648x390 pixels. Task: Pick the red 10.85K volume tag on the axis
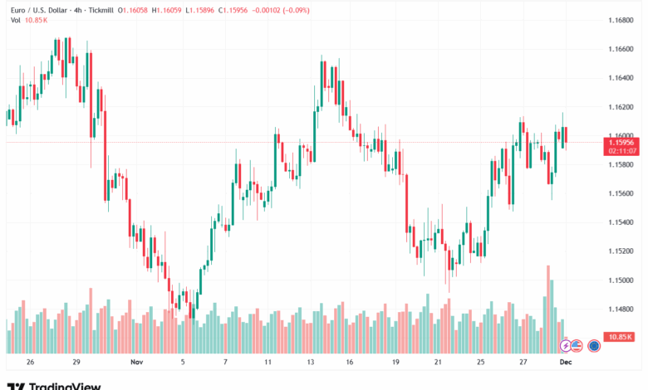click(x=619, y=337)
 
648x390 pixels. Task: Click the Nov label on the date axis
click(x=136, y=363)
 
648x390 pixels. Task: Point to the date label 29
click(x=76, y=363)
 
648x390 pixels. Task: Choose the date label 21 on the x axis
click(x=438, y=363)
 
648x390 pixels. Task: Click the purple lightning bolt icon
click(x=565, y=344)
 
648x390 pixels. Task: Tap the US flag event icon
click(x=576, y=344)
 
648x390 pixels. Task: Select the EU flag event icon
click(x=594, y=345)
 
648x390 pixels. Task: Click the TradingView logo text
click(x=65, y=386)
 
